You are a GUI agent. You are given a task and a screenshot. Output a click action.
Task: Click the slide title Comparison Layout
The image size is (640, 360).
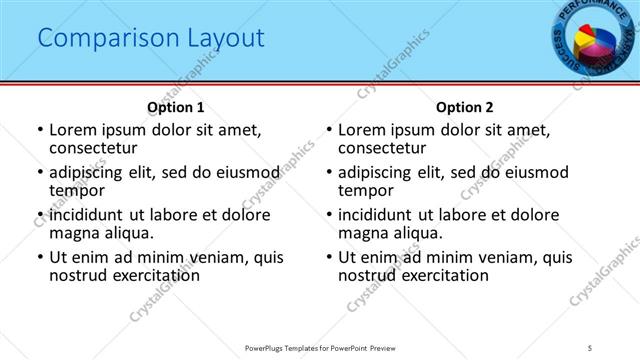[151, 38]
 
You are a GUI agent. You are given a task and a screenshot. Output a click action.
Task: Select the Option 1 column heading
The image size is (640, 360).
[175, 107]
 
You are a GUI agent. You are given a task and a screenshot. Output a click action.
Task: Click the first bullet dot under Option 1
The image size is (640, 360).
[39, 130]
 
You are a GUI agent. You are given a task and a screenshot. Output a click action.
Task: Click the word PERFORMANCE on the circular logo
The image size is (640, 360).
[590, 12]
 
